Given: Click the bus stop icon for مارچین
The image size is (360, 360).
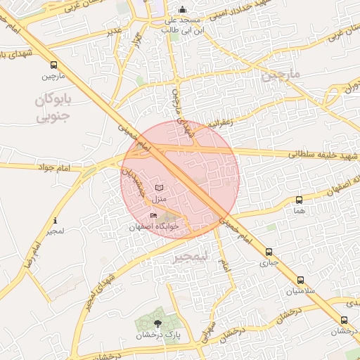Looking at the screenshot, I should click(54, 65).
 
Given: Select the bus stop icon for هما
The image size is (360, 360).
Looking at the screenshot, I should click(300, 200).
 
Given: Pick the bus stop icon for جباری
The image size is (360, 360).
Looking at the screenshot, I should click(269, 252).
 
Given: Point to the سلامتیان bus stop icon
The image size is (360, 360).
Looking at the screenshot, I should click(300, 280).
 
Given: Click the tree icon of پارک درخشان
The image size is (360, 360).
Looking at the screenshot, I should click(157, 323).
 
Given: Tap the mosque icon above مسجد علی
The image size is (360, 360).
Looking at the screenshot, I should click(183, 10).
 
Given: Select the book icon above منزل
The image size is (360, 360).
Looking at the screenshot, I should click(160, 188).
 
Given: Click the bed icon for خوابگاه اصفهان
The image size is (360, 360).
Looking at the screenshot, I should click(153, 215).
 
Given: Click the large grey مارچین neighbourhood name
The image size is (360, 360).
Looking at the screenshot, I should click(281, 75).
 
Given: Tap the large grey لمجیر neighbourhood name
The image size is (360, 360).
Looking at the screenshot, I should click(191, 257).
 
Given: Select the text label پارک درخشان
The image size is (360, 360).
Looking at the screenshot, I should click(157, 335).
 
